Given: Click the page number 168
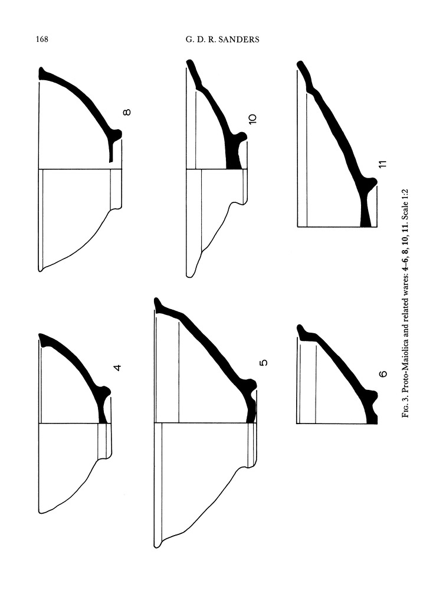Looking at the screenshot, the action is (42, 40).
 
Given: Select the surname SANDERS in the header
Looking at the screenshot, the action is (239, 40).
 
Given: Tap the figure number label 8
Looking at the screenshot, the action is (127, 112).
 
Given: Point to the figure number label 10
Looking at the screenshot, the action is (252, 119).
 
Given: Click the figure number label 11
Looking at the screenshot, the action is (382, 164).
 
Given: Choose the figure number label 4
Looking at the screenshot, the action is (118, 367).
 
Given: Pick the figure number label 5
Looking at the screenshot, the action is (264, 363).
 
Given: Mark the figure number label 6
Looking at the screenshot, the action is (383, 373).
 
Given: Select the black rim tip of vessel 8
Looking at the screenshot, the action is (41, 73).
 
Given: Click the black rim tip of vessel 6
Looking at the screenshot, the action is (300, 330).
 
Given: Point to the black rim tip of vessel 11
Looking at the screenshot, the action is (300, 65).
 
